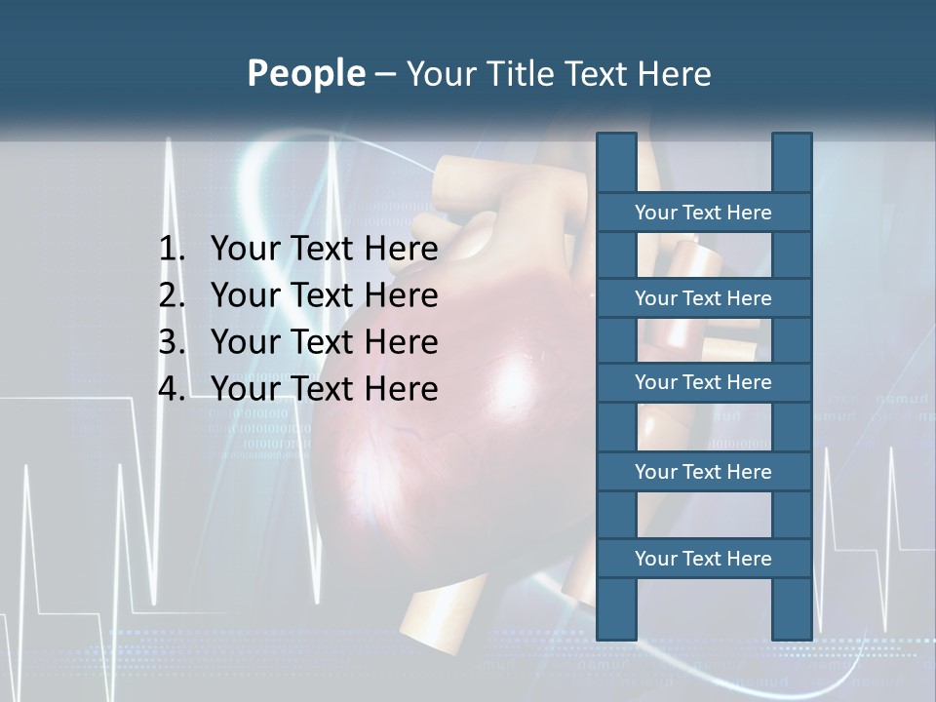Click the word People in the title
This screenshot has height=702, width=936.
(305, 74)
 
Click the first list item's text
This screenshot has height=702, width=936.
(324, 250)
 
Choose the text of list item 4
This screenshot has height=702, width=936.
(324, 389)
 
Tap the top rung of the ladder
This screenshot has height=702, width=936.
(703, 213)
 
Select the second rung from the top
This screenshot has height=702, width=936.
(703, 298)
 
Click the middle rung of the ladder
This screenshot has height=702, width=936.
(703, 382)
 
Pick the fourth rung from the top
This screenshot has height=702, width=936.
(703, 472)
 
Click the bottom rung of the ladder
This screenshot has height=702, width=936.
(703, 559)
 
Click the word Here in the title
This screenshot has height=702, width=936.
(674, 74)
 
